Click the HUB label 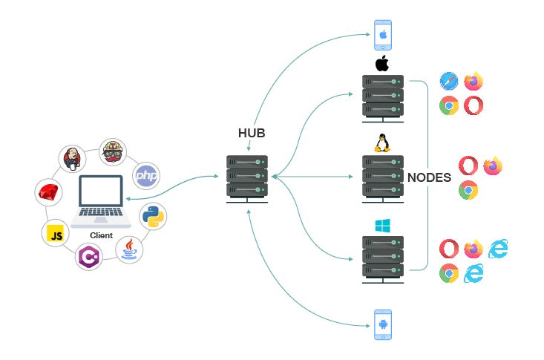pyautogui.click(x=251, y=134)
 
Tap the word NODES pyautogui.click(x=430, y=178)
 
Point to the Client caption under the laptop pyautogui.click(x=102, y=235)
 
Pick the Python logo pyautogui.click(x=154, y=217)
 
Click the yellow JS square pyautogui.click(x=55, y=234)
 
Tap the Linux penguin pyautogui.click(x=382, y=142)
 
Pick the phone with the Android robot pyautogui.click(x=383, y=324)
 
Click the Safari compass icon pyautogui.click(x=448, y=81)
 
